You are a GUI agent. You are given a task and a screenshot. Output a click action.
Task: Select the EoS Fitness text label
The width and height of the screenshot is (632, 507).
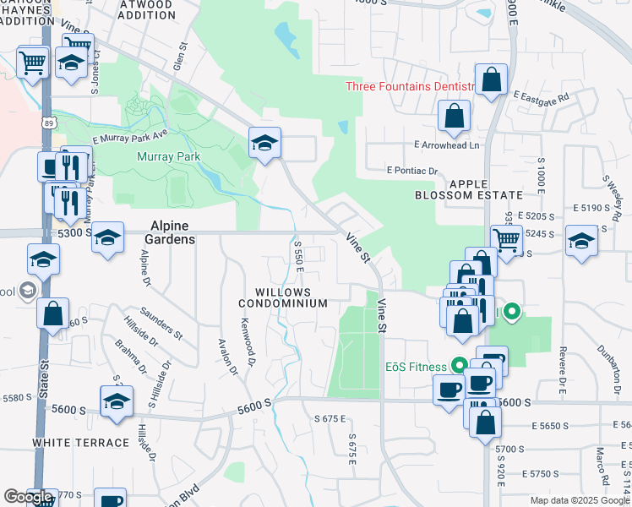[417, 366]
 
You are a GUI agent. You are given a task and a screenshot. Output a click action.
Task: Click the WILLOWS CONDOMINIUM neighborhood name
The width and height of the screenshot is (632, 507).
[282, 297]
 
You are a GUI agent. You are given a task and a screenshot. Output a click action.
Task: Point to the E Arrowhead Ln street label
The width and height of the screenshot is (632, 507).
[446, 145]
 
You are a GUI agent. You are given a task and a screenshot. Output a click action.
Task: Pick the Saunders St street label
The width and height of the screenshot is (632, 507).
[161, 323]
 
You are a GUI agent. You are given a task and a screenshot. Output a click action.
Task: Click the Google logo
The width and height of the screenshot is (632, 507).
[29, 496]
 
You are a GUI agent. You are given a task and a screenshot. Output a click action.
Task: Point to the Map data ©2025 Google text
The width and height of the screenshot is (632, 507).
[580, 500]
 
